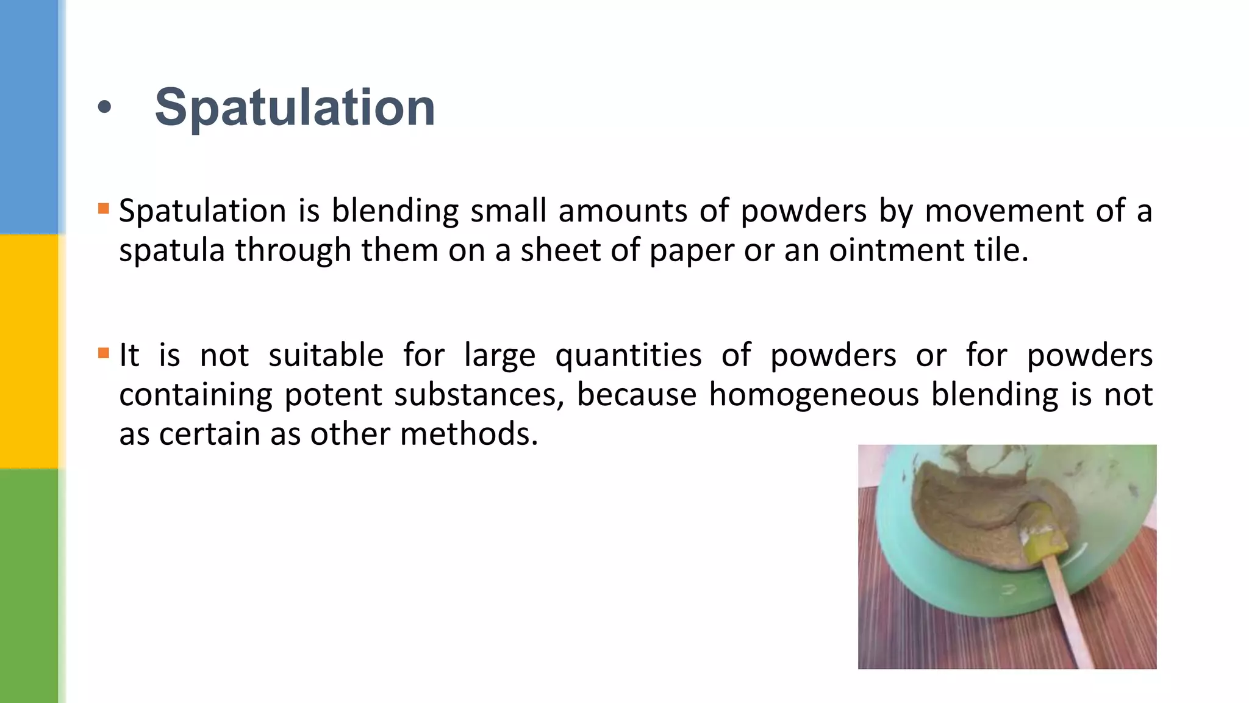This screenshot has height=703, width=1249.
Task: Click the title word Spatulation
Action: coord(295,108)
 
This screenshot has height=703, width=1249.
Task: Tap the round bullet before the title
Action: coord(104,107)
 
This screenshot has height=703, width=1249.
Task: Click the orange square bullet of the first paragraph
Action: coord(104,209)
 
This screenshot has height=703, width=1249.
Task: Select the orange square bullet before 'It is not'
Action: coord(104,353)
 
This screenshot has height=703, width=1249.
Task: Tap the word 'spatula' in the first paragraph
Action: coord(171,251)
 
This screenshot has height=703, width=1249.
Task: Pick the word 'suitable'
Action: coord(326,355)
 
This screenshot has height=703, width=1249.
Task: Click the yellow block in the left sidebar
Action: coord(29,351)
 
